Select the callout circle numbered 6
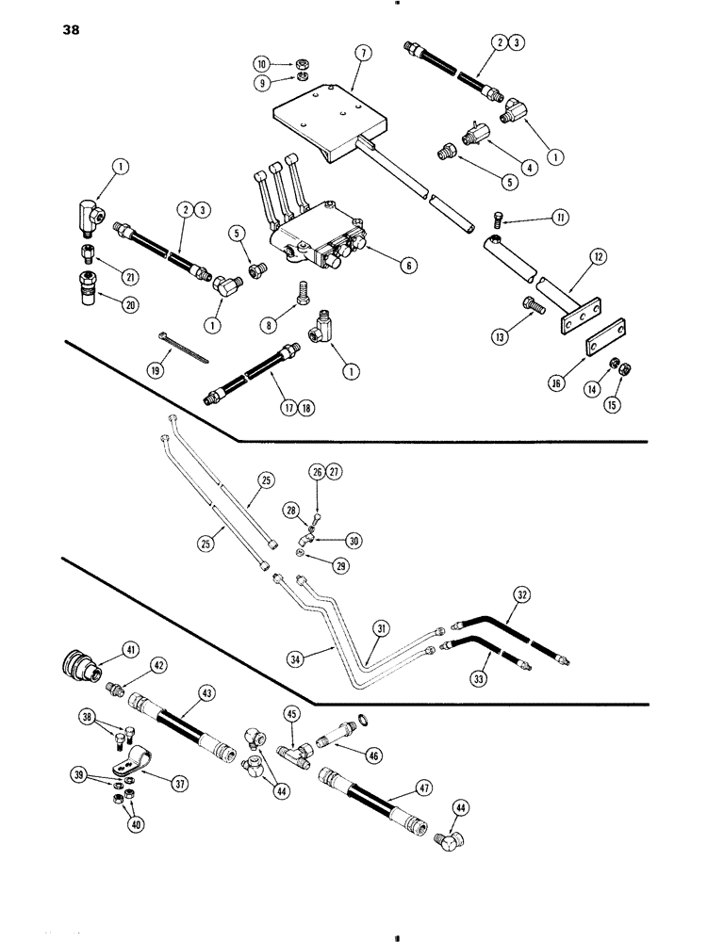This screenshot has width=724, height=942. (x=407, y=267)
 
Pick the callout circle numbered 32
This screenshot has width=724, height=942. (x=521, y=595)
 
